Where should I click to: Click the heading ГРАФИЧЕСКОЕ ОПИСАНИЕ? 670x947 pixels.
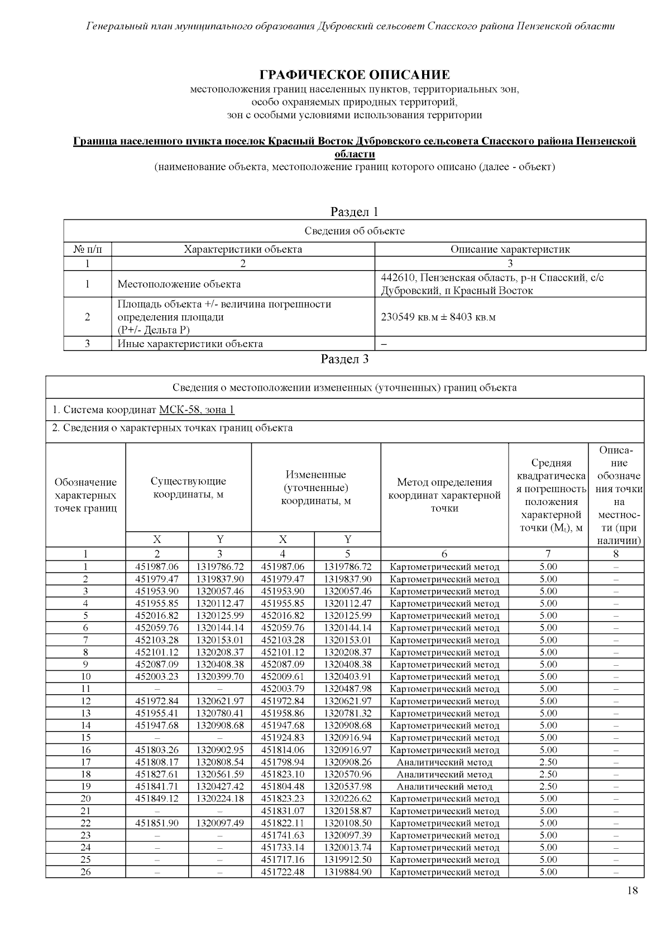tap(355, 75)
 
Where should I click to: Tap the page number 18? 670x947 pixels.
tap(632, 890)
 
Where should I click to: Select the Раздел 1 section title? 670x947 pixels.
tap(355, 212)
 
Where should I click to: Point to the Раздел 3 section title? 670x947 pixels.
tap(344, 359)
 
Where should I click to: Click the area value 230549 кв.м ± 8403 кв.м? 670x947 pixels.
tap(438, 317)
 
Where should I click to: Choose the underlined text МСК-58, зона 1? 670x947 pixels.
tap(197, 410)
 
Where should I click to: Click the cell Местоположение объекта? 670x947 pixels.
tap(179, 284)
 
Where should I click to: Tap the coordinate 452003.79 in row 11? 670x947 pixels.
tap(283, 689)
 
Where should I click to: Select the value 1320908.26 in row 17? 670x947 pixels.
tap(347, 762)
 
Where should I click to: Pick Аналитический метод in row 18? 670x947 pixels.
tap(444, 774)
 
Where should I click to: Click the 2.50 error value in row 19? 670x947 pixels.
tap(548, 786)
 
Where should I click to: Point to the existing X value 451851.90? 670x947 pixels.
tap(157, 823)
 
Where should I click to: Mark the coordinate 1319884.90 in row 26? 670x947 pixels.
tap(347, 872)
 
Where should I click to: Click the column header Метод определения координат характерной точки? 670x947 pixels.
tap(444, 495)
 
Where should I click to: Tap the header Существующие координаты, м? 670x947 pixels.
tap(188, 488)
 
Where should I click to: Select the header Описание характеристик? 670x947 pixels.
tap(510, 249)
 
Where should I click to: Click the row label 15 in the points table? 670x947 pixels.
tap(85, 737)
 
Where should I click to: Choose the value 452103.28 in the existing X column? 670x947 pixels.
tap(157, 640)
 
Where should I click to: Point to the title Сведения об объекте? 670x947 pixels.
tap(355, 231)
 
